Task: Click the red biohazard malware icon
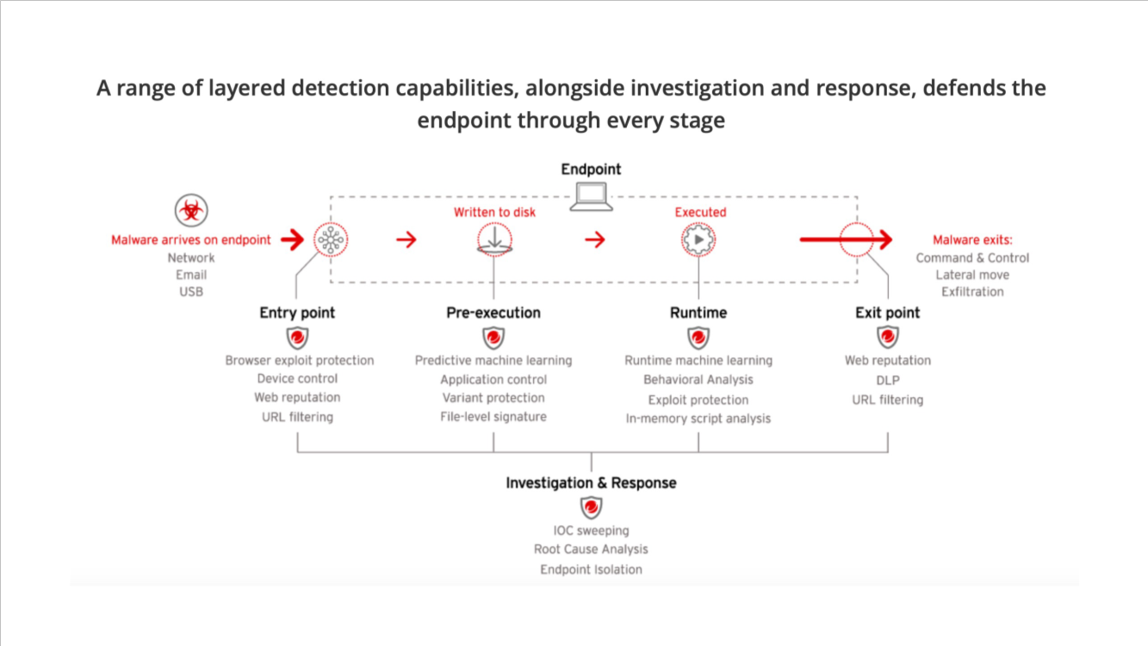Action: (x=190, y=211)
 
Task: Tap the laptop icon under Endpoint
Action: (x=591, y=198)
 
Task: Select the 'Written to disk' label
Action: (x=494, y=212)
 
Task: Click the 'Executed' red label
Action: (x=700, y=212)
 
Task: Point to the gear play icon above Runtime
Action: (x=698, y=239)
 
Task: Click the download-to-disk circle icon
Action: (x=494, y=239)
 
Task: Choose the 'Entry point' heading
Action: (x=297, y=313)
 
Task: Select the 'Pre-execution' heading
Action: (x=493, y=313)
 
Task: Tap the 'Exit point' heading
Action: (x=887, y=313)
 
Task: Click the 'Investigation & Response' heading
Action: (x=591, y=483)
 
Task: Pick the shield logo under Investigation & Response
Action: (x=591, y=507)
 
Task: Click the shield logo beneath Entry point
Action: (x=297, y=338)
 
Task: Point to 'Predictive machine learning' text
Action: (x=493, y=360)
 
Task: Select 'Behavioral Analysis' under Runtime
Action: (x=698, y=380)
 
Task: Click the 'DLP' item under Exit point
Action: (x=887, y=380)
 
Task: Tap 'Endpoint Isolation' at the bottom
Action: (x=591, y=569)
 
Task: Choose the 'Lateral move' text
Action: (x=972, y=275)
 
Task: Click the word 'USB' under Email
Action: (x=191, y=292)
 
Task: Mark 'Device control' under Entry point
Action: (x=297, y=379)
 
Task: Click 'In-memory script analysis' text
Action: (x=698, y=419)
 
